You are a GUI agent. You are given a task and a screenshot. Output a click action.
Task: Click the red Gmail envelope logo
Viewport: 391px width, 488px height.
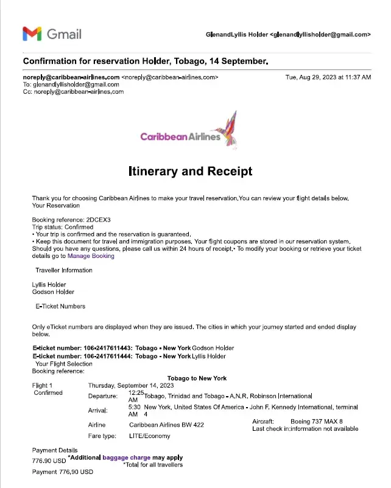(x=32, y=33)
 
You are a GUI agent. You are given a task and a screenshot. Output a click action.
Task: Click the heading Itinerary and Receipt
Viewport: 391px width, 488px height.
(x=191, y=172)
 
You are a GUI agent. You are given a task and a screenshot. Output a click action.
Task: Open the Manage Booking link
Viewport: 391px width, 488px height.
(x=91, y=256)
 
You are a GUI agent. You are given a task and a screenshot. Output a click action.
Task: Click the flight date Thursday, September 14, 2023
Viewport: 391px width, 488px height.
(x=131, y=386)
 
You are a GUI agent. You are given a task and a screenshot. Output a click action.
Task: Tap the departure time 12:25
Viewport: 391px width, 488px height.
(x=136, y=393)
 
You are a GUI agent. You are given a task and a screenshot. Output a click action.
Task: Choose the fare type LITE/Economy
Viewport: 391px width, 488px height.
(x=150, y=436)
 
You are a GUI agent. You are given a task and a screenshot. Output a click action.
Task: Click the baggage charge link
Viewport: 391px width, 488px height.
(x=127, y=457)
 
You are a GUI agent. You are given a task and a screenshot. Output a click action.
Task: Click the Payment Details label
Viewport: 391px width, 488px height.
(x=55, y=451)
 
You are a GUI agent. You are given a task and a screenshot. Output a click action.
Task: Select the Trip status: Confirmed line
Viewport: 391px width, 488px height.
(x=63, y=227)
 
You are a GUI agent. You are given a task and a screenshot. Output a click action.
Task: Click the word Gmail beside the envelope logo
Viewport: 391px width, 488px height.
(x=64, y=34)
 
